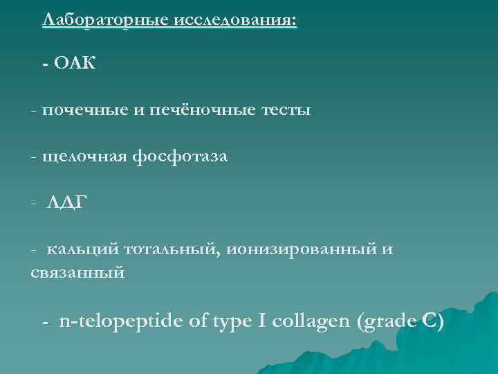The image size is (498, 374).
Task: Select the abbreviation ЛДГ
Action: coord(67,203)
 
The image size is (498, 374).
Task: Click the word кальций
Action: coord(79,250)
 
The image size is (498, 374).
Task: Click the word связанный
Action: coord(77,272)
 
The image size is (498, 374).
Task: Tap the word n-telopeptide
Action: coord(122,322)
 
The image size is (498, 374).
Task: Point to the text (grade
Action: coord(385,323)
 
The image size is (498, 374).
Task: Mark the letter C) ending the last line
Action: coord(432,322)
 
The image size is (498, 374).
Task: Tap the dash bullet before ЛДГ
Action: coord(34,204)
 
